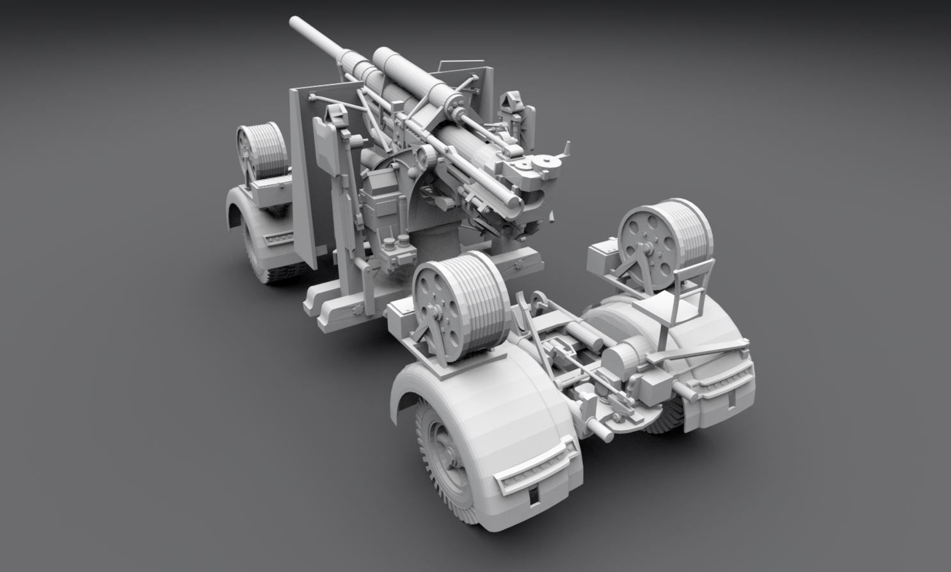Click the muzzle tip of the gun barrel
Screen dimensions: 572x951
click(x=296, y=24)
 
